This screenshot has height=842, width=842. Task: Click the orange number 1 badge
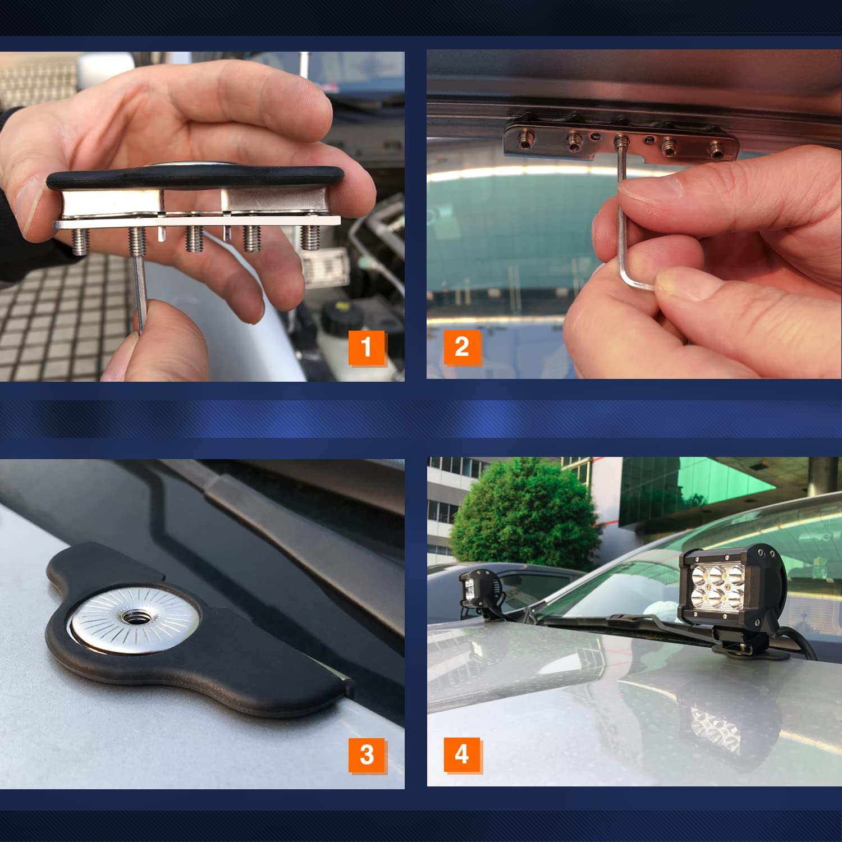pyautogui.click(x=367, y=347)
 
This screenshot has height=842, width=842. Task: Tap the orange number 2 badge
pyautogui.click(x=462, y=347)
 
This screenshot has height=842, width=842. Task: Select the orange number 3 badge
pyautogui.click(x=367, y=754)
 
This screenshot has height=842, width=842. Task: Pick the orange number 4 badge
pyautogui.click(x=462, y=754)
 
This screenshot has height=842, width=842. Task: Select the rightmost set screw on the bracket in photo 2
pyautogui.click(x=716, y=150)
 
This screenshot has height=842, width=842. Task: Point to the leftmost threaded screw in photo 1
pyautogui.click(x=80, y=240)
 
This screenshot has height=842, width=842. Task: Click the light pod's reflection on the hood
pyautogui.click(x=716, y=730)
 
